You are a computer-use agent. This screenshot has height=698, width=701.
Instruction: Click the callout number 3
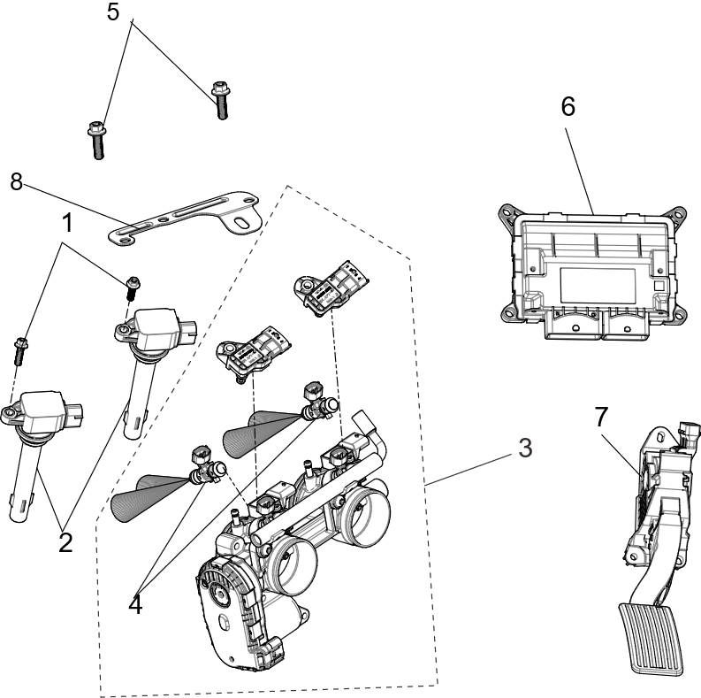pos(525,449)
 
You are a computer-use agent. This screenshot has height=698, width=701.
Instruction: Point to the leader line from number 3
pos(469,468)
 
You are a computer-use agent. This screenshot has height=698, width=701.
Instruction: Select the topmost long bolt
pos(220,99)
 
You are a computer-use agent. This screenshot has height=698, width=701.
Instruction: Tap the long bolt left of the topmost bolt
pos(95,140)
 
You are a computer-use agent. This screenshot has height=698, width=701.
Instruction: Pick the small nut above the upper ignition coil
pos(133,283)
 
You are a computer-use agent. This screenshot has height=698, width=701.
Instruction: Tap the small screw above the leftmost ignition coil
pos(18,351)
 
